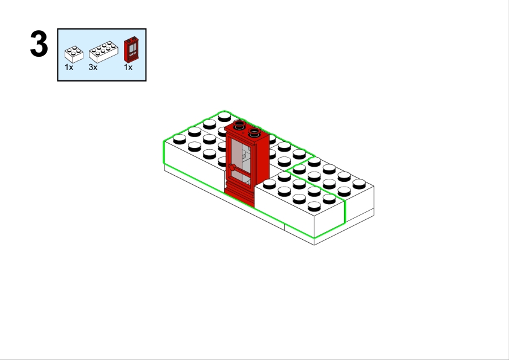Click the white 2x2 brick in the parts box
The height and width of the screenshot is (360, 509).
click(x=74, y=54)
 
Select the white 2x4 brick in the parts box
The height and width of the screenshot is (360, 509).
click(x=103, y=52)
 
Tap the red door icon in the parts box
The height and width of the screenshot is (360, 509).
click(x=131, y=50)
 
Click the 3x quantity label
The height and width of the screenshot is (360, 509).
click(x=93, y=67)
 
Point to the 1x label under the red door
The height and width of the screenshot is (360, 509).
click(x=128, y=67)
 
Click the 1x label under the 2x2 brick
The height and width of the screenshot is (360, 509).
click(x=69, y=67)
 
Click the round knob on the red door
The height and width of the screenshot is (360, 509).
click(x=232, y=167)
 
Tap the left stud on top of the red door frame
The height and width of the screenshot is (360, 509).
click(x=239, y=124)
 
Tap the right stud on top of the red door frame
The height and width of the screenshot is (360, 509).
click(x=254, y=132)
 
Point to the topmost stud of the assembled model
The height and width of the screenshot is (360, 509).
click(x=224, y=117)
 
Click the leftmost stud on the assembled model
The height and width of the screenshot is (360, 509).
click(x=180, y=140)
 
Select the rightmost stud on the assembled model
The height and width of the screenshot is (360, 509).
click(x=359, y=184)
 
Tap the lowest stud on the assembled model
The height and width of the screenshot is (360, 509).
click(x=314, y=206)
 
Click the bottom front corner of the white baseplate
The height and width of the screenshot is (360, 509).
click(x=314, y=245)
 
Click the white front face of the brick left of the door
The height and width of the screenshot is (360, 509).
click(x=194, y=169)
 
